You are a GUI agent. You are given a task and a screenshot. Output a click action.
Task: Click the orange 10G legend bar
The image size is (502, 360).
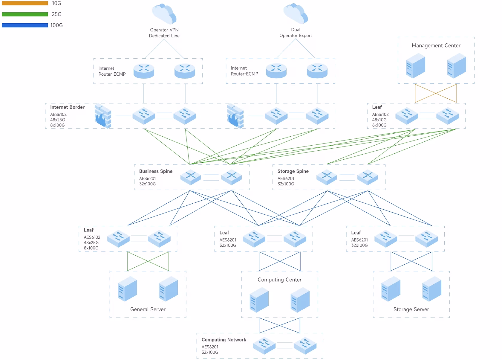(x=25, y=3)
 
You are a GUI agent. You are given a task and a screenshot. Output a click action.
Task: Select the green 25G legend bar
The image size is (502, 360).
(x=25, y=14)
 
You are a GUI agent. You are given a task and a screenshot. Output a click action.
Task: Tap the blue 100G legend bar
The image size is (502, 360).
(x=25, y=25)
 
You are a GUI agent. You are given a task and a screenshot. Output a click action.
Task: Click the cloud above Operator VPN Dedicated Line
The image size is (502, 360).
(x=164, y=14)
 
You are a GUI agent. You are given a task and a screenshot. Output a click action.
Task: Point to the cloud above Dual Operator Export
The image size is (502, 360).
(x=296, y=14)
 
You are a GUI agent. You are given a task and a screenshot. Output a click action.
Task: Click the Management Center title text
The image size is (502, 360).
(x=436, y=45)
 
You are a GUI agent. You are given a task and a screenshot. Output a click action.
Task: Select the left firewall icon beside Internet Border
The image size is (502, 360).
(x=103, y=116)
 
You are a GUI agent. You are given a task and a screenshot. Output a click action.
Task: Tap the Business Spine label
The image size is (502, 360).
(x=156, y=171)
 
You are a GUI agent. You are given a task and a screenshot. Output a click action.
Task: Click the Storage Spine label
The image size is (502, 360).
(x=293, y=171)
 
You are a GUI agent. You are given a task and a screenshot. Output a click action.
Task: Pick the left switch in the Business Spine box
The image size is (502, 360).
(x=191, y=177)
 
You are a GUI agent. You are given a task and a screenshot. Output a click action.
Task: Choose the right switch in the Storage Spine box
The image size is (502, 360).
(x=368, y=177)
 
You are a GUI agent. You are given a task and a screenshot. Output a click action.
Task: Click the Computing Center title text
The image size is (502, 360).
(x=279, y=280)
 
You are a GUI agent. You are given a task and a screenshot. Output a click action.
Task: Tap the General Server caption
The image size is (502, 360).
(x=148, y=309)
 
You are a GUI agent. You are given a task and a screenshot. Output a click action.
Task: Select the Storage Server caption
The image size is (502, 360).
(x=411, y=309)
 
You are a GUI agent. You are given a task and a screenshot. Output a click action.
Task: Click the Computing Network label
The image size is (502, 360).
(x=224, y=340)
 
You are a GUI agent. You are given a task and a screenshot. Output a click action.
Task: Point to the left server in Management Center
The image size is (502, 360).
(x=416, y=66)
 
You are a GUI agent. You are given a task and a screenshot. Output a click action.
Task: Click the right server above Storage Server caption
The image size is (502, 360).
(x=432, y=289)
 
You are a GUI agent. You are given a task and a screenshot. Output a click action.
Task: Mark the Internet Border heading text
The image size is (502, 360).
(x=67, y=107)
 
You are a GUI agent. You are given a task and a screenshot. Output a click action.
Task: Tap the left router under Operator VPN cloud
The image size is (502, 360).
(x=144, y=71)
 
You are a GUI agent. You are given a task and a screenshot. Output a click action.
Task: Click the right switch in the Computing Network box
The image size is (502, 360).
(x=305, y=346)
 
